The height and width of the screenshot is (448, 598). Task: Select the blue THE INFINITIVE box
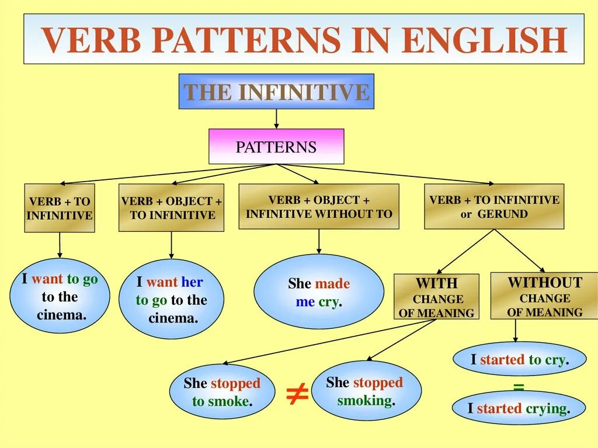(276, 92)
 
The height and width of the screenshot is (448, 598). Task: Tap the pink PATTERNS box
(276, 147)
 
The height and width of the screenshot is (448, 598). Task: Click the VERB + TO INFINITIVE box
(60, 208)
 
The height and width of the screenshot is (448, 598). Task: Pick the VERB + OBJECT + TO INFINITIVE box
(172, 208)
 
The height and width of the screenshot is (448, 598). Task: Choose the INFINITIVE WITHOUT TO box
(319, 207)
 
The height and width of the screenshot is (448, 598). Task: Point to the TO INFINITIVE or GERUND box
(494, 207)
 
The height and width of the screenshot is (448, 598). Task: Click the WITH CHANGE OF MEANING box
(436, 297)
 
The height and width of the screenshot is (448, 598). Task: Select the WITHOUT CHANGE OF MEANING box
(544, 297)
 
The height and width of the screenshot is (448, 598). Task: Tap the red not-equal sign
(297, 395)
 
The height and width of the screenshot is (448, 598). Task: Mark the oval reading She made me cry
(319, 292)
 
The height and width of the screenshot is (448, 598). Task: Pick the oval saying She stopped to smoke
(222, 392)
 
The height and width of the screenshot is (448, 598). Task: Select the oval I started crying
(519, 408)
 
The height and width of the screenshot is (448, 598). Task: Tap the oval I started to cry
(519, 359)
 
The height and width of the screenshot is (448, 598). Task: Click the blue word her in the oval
(192, 282)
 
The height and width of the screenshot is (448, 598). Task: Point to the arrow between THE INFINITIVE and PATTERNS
(276, 119)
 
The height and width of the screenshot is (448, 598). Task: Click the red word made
(332, 284)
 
